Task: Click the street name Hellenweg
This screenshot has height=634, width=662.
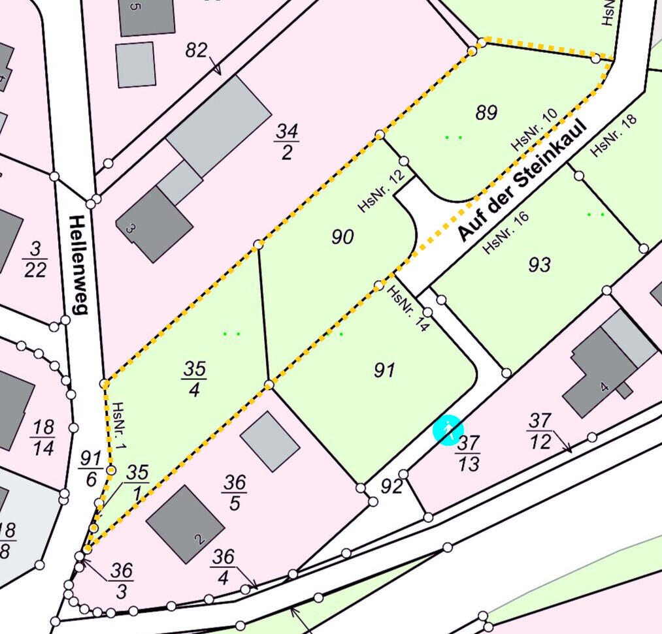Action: [77, 264]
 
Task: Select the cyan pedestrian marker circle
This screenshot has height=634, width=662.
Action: [448, 430]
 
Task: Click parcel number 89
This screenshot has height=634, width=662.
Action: [486, 112]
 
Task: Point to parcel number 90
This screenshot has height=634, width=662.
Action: [342, 236]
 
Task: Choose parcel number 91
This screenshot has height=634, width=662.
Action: [384, 370]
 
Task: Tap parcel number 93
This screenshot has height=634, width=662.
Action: [539, 264]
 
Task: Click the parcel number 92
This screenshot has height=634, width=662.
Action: [391, 486]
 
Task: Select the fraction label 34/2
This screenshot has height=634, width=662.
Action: [286, 142]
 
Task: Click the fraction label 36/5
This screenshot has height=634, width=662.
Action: [234, 492]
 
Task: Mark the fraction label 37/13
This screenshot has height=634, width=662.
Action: [469, 452]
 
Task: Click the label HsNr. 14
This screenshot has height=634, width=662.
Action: [408, 309]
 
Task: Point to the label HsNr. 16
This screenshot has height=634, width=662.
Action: [505, 232]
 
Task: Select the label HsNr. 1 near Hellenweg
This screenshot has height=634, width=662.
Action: [118, 428]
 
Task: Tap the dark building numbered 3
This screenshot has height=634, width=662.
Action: [154, 224]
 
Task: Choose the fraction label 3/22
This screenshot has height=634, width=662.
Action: [35, 259]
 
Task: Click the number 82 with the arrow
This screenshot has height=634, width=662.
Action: [196, 51]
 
